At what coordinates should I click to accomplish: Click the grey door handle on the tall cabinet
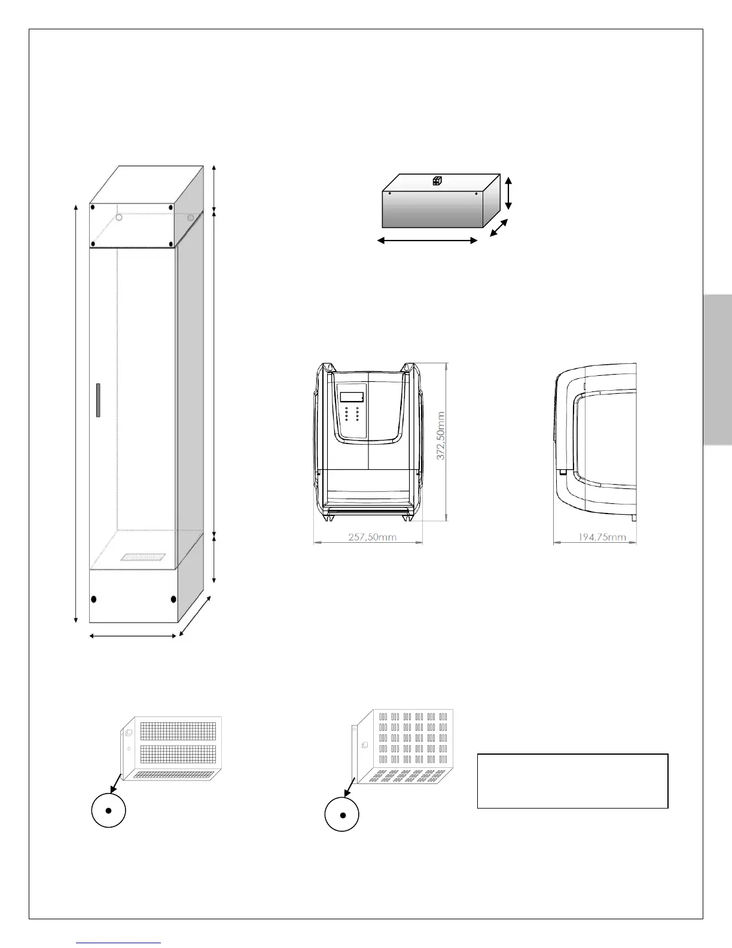98,400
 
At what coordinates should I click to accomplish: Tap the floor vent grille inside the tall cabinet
143,557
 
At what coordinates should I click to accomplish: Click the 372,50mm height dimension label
441,435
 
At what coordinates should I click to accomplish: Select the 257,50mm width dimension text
372,537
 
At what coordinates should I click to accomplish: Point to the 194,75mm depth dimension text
602,537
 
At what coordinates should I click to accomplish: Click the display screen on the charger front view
352,396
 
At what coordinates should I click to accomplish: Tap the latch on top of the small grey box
437,181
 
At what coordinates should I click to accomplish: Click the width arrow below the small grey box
428,241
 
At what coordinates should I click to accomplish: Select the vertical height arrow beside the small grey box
508,193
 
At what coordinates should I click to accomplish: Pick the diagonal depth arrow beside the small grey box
499,227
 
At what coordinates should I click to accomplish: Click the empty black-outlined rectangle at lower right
572,781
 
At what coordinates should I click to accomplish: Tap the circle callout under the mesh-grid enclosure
108,811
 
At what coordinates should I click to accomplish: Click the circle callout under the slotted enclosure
342,815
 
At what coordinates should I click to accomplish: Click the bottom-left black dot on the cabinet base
94,599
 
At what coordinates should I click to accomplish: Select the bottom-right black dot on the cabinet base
173,599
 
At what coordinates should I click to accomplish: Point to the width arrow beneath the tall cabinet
133,636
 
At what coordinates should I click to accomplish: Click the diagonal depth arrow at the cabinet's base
195,616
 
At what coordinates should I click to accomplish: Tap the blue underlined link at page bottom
119,943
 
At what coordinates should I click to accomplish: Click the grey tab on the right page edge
718,369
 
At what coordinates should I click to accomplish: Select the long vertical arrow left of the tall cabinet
76,413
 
